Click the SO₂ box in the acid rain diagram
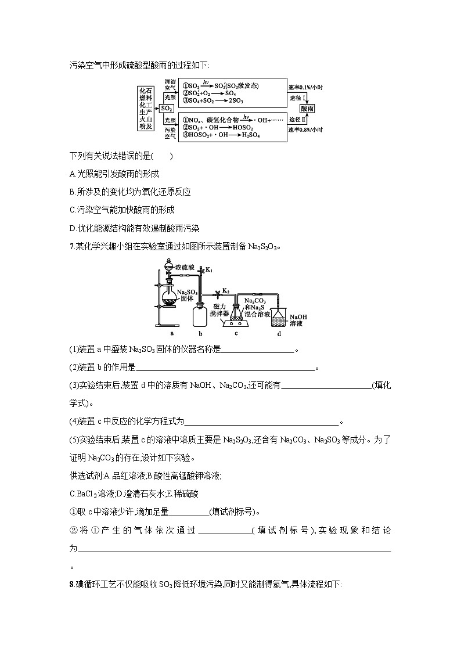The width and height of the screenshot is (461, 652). click(167, 108)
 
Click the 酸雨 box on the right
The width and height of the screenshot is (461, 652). click(308, 109)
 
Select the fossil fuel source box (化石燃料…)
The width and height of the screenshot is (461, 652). click(146, 108)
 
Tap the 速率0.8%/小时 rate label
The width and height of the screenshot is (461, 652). click(305, 129)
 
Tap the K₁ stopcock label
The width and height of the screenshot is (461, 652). click(209, 271)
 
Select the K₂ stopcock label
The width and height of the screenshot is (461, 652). click(226, 291)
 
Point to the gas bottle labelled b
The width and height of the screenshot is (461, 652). click(200, 314)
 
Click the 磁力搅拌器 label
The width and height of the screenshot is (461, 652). click(223, 309)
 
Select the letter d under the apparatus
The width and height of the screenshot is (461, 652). click(279, 334)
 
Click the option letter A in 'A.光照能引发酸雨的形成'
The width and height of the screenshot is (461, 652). click(71, 174)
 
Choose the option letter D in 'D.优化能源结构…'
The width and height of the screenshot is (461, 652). click(71, 228)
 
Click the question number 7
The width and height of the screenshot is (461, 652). click(70, 246)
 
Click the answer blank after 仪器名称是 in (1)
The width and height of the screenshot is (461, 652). click(258, 349)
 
